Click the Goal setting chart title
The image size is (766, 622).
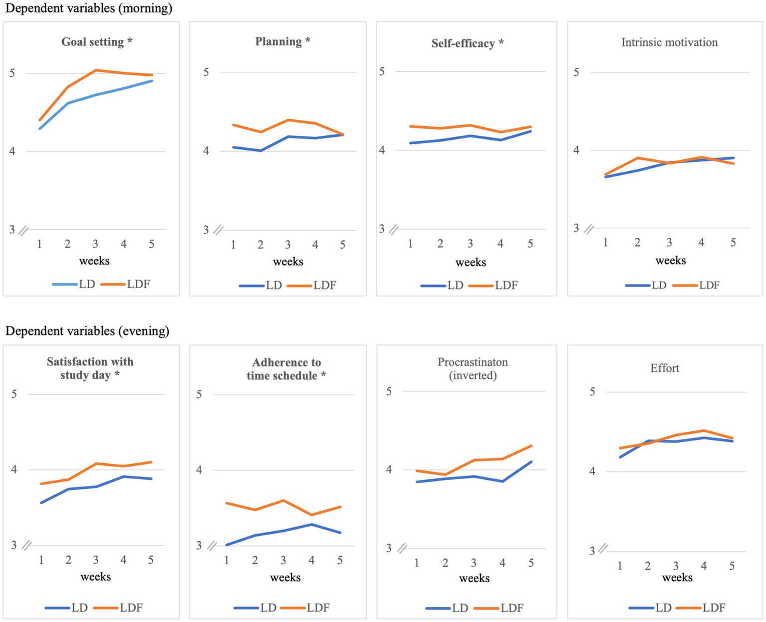pos(97,42)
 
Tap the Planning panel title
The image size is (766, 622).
pos(282,41)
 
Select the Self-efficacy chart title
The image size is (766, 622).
pos(467,43)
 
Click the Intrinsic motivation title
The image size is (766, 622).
pos(669,42)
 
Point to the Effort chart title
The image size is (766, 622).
pos(665,368)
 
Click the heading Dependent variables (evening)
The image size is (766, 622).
pos(87,331)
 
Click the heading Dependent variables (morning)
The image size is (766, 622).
pos(89,8)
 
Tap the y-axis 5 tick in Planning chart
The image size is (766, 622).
pos(206,72)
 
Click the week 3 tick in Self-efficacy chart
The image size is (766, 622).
pos(470,244)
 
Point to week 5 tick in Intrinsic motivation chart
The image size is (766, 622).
pos(733,243)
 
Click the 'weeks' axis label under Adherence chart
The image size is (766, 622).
pos(285,578)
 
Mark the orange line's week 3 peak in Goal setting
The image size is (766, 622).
pos(95,70)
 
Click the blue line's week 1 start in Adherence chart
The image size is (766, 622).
pos(227,545)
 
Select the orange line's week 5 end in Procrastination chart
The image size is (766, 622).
pos(532,446)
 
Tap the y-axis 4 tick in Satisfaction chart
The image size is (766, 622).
pos(14,470)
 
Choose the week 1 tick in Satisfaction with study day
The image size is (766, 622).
pos(41,560)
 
